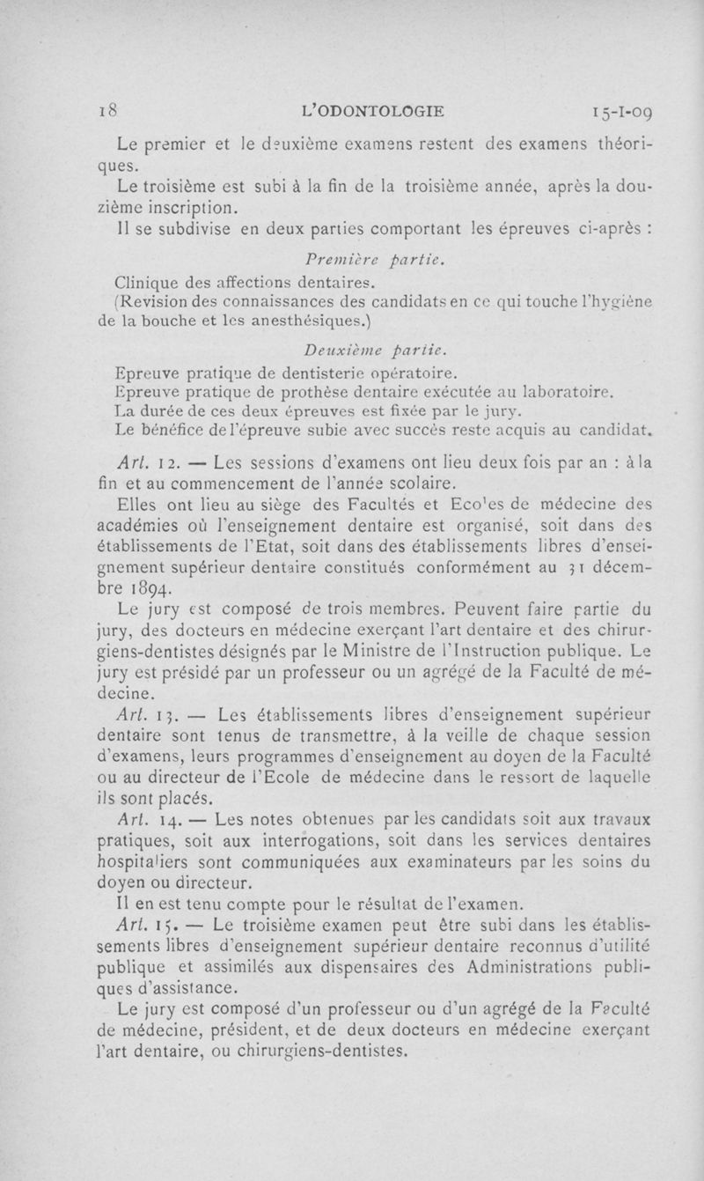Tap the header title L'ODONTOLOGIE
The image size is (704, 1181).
[372, 111]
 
